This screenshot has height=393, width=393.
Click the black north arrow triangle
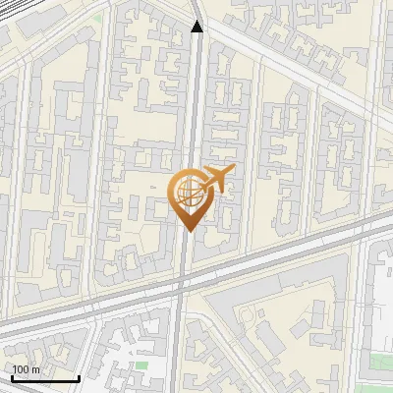click(196, 27)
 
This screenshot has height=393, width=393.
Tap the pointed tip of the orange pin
click(188, 231)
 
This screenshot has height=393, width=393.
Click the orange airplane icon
click(216, 179)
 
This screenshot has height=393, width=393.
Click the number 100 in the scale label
click(22, 369)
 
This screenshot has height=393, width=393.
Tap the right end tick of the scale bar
click(79, 377)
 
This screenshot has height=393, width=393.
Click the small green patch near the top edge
click(97, 18)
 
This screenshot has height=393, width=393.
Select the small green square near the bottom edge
click(140, 365)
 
